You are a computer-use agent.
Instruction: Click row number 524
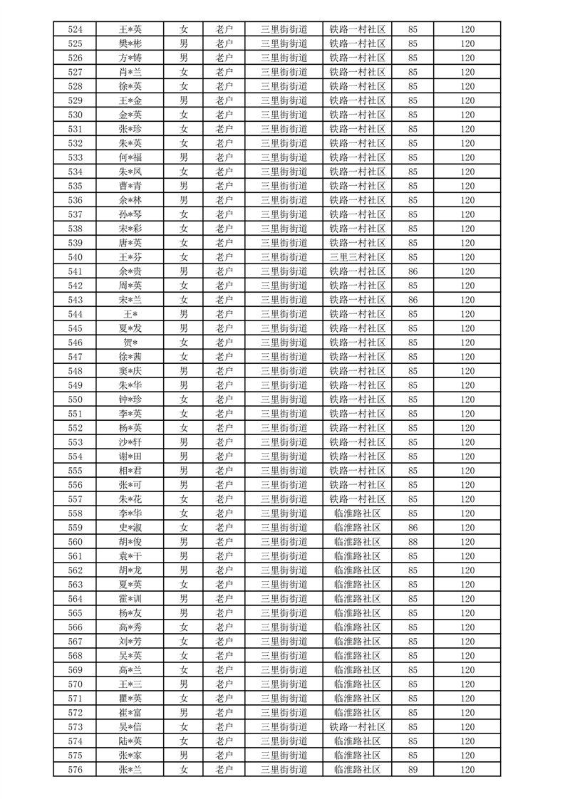pos(75,29)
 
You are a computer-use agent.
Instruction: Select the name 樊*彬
pos(130,43)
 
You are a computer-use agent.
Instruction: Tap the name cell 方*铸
pos(130,58)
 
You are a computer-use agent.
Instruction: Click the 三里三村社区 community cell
pos(358,257)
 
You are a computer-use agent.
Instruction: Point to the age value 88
pos(413,542)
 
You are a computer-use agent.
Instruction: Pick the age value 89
pos(413,770)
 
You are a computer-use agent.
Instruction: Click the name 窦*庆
pos(130,371)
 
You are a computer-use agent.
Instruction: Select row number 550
pos(75,399)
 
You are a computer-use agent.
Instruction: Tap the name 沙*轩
pos(130,442)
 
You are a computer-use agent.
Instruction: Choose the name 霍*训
pos(130,599)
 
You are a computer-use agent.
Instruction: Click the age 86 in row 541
pos(413,271)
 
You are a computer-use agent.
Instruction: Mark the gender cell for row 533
pos(184,157)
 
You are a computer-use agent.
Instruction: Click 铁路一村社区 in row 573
pos(358,727)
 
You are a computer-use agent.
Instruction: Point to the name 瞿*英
pos(130,699)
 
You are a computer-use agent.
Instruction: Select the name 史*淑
pos(130,528)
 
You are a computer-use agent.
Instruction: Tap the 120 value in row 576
pos(467,770)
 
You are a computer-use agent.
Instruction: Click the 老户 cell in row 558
pos(224,513)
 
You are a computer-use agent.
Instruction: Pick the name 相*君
pos(130,471)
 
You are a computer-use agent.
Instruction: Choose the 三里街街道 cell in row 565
pos(284,613)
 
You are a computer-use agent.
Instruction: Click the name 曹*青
pos(130,186)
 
